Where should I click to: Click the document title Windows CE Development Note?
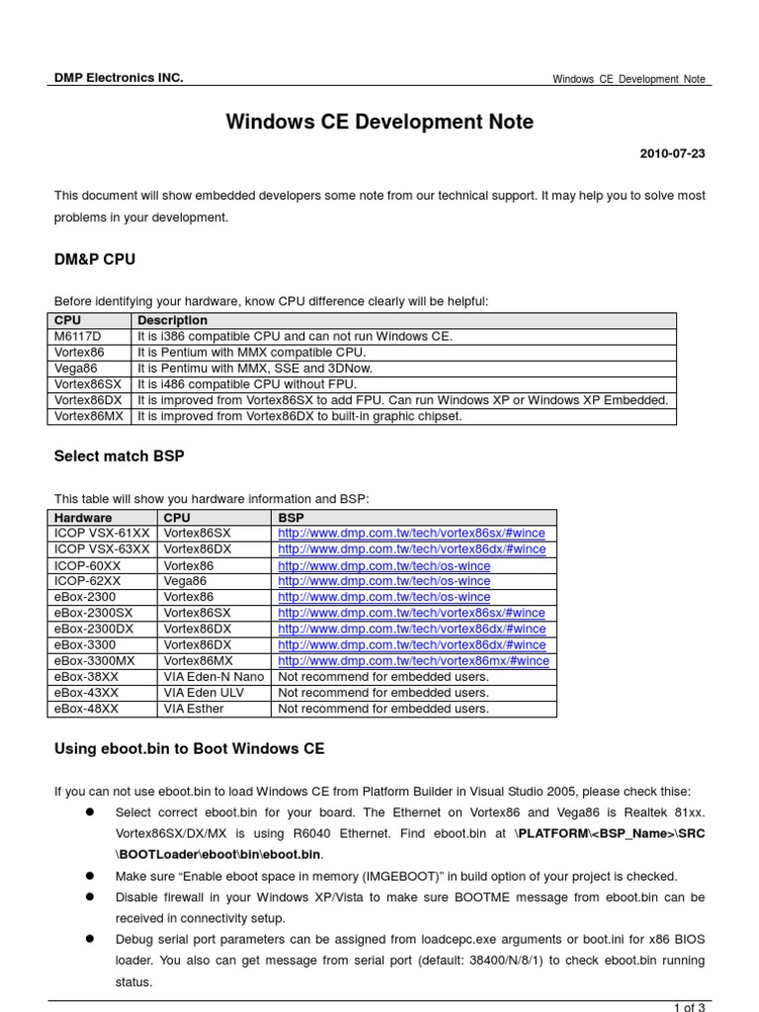pyautogui.click(x=379, y=122)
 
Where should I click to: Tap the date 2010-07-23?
pyautogui.click(x=673, y=155)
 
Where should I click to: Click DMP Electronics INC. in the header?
pyautogui.click(x=119, y=78)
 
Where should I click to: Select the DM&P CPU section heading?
pyautogui.click(x=95, y=259)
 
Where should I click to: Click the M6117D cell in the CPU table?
pyautogui.click(x=77, y=336)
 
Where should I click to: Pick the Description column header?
pyautogui.click(x=173, y=320)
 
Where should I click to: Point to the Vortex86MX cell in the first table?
pyautogui.click(x=89, y=416)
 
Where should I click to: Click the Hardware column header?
pyautogui.click(x=83, y=517)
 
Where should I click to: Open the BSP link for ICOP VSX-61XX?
pyautogui.click(x=411, y=534)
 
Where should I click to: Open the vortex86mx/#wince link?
pyautogui.click(x=413, y=661)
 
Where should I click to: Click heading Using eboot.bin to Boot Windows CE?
pyautogui.click(x=189, y=749)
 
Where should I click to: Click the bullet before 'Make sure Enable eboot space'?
pyautogui.click(x=88, y=876)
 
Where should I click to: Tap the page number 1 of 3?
pyautogui.click(x=689, y=1007)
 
